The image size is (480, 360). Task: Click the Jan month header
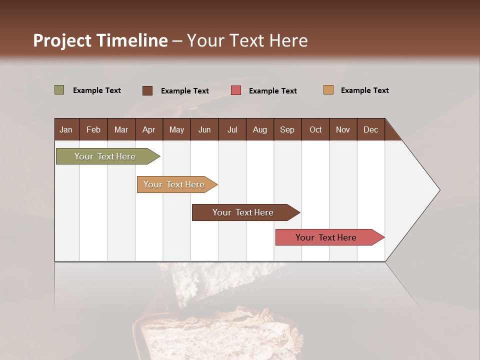(x=66, y=130)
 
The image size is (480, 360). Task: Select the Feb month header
(x=93, y=130)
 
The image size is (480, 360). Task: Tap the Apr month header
(x=148, y=130)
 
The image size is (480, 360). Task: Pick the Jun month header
(x=204, y=130)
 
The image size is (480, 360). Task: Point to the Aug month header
(x=260, y=130)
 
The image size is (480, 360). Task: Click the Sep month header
(x=287, y=130)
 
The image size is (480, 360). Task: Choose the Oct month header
(x=315, y=130)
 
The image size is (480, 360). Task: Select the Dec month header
(x=370, y=130)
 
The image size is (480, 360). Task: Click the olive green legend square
(x=59, y=90)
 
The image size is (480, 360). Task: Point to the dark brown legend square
(x=147, y=90)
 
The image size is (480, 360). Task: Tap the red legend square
(x=236, y=90)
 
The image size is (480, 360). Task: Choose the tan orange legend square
(x=328, y=90)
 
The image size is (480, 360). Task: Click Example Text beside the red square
(x=273, y=91)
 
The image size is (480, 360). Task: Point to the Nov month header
(x=343, y=130)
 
